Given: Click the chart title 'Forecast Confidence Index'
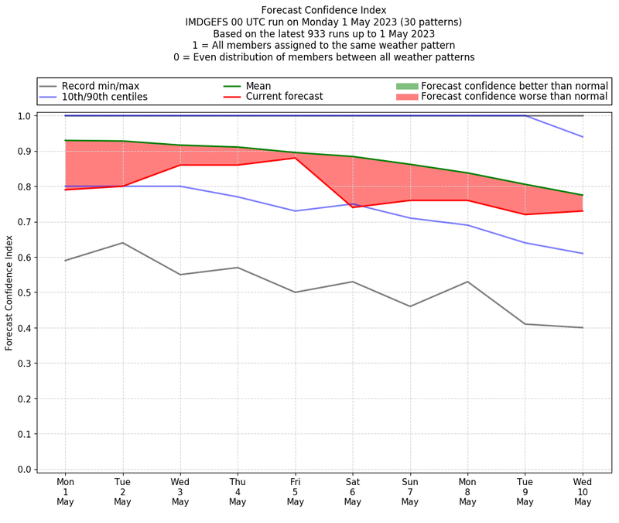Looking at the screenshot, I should point(309,10).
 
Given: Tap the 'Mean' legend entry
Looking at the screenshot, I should point(258,86).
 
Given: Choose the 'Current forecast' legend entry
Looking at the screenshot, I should point(284,97).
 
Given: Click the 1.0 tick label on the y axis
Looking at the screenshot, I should point(24,116).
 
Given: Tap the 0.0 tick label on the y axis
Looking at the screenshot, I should point(24,470).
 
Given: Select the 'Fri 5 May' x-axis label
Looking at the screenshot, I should point(295,491).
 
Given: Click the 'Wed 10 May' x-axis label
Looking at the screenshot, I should point(583,491).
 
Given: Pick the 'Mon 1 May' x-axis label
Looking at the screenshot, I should point(65,491).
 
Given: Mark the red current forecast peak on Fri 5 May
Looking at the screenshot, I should point(295,158).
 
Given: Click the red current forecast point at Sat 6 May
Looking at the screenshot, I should point(353,207).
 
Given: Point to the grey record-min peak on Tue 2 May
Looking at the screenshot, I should point(122,243).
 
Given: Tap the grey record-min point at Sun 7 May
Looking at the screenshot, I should point(410,306).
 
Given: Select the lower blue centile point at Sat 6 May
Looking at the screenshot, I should point(353,203).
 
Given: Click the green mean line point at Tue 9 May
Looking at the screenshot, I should point(525,184).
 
